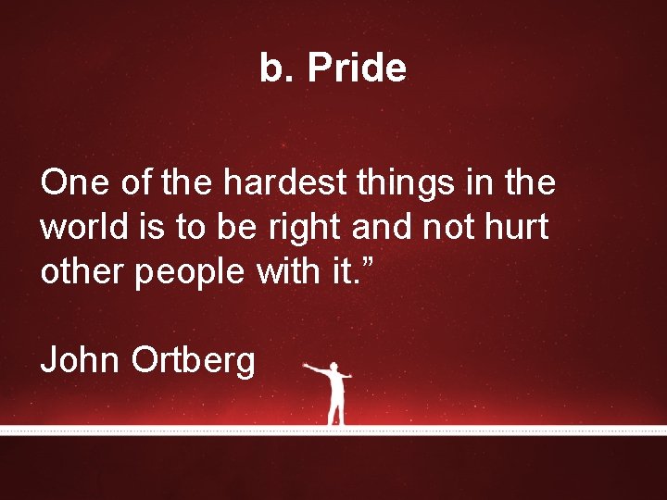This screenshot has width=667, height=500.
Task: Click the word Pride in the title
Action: [x=357, y=69]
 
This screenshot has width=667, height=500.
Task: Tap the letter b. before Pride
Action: [x=276, y=69]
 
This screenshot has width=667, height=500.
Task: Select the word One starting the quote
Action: [x=69, y=183]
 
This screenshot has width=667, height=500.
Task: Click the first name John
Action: [x=81, y=358]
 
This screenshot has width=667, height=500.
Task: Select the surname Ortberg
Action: [x=194, y=360]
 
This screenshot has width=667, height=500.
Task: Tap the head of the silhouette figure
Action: [x=335, y=366]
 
